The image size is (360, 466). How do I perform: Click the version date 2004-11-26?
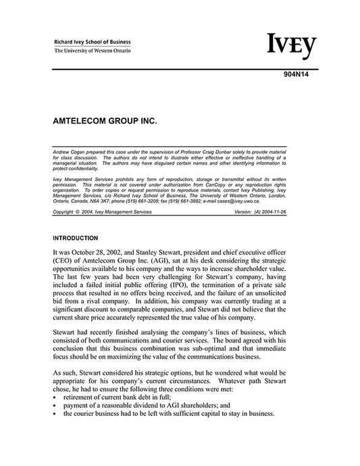tap(292, 212)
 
